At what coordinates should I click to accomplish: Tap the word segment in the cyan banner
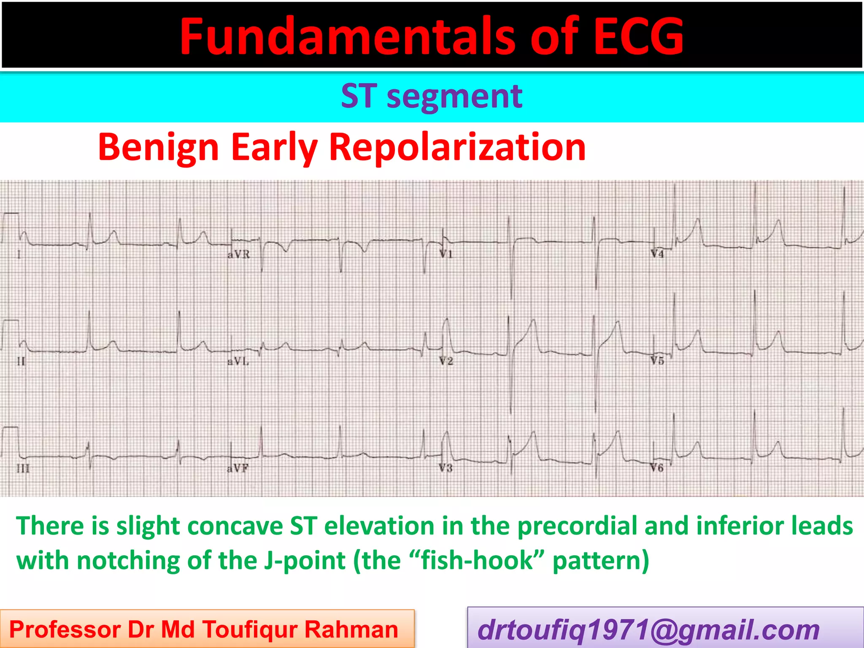(454, 97)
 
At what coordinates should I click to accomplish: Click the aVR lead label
(239, 254)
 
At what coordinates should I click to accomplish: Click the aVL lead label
(238, 362)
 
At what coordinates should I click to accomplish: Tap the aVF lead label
(238, 468)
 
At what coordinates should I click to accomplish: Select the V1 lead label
(446, 254)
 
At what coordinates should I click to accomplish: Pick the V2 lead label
(446, 361)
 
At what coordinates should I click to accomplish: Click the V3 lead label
(446, 468)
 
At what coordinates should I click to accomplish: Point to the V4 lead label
(657, 254)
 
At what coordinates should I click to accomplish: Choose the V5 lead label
(657, 361)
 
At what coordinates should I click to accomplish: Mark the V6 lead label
(657, 468)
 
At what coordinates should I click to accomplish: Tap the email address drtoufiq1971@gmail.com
(648, 630)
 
